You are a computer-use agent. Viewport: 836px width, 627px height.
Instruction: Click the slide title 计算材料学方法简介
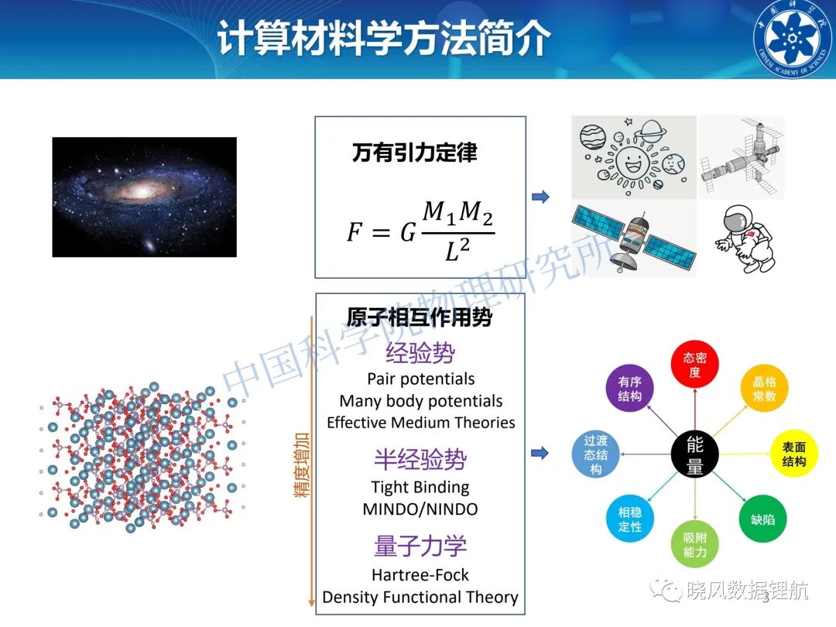pos(384,38)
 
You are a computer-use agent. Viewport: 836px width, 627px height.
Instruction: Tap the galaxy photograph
pos(145,197)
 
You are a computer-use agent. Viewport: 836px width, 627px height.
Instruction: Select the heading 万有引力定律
pos(414,153)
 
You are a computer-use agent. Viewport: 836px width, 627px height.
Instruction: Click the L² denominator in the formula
pos(457,249)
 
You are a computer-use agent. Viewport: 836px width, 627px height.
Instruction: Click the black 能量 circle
pos(694,455)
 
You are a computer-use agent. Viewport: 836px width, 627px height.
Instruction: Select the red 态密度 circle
pos(694,365)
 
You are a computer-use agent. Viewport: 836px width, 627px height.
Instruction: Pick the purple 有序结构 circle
pos(629,389)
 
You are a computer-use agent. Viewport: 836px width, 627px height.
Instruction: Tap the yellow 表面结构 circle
pos(794,454)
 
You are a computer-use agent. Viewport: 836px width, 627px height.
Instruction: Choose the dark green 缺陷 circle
pos(763,519)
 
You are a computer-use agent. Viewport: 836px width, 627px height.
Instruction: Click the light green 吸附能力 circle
pos(694,544)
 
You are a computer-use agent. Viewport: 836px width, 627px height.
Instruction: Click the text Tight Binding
pos(420,488)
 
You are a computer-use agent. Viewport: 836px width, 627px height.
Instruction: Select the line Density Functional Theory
pos(420,597)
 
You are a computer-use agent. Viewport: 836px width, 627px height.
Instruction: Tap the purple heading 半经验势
pos(420,459)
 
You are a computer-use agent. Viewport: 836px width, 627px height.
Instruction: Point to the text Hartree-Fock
pos(420,574)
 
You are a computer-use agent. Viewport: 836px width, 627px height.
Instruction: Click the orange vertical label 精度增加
pos(302,465)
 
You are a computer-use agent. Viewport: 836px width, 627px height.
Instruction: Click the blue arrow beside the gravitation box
pos(540,197)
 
